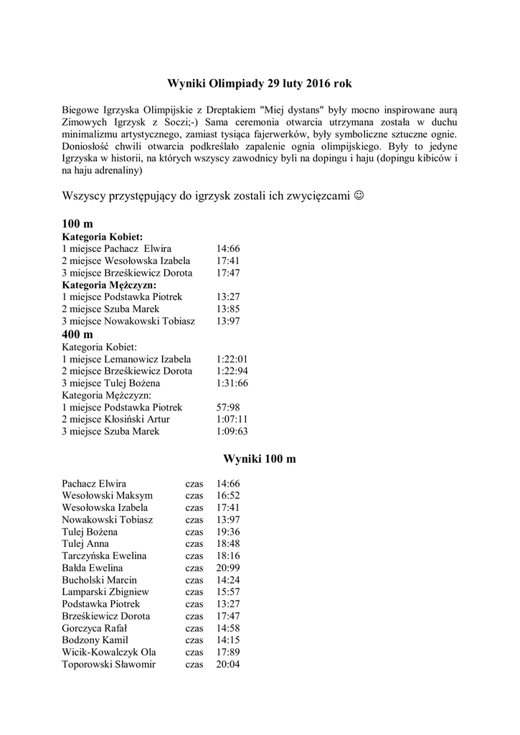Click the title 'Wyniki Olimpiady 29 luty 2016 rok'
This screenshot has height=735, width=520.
(x=260, y=84)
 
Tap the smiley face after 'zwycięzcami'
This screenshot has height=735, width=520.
(x=359, y=196)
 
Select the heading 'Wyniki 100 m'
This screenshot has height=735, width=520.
(x=260, y=459)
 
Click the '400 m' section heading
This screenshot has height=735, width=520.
(x=77, y=334)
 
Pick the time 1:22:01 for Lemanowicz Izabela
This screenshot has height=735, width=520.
(x=232, y=359)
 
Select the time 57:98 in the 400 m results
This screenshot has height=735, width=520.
(x=227, y=407)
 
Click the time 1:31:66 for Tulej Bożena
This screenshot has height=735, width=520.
(x=232, y=383)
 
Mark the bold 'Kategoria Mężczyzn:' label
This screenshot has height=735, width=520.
(x=109, y=285)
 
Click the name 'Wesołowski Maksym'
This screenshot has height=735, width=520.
(x=108, y=495)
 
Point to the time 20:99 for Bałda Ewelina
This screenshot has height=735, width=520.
(x=227, y=568)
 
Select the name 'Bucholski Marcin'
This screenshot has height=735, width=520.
(x=100, y=580)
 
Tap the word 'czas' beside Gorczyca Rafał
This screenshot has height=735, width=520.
(x=194, y=628)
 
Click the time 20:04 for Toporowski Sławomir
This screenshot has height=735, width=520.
(x=227, y=665)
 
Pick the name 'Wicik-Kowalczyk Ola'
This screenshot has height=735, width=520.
(x=109, y=652)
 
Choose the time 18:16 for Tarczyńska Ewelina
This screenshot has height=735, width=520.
(x=227, y=556)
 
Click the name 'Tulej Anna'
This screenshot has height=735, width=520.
(x=85, y=544)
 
